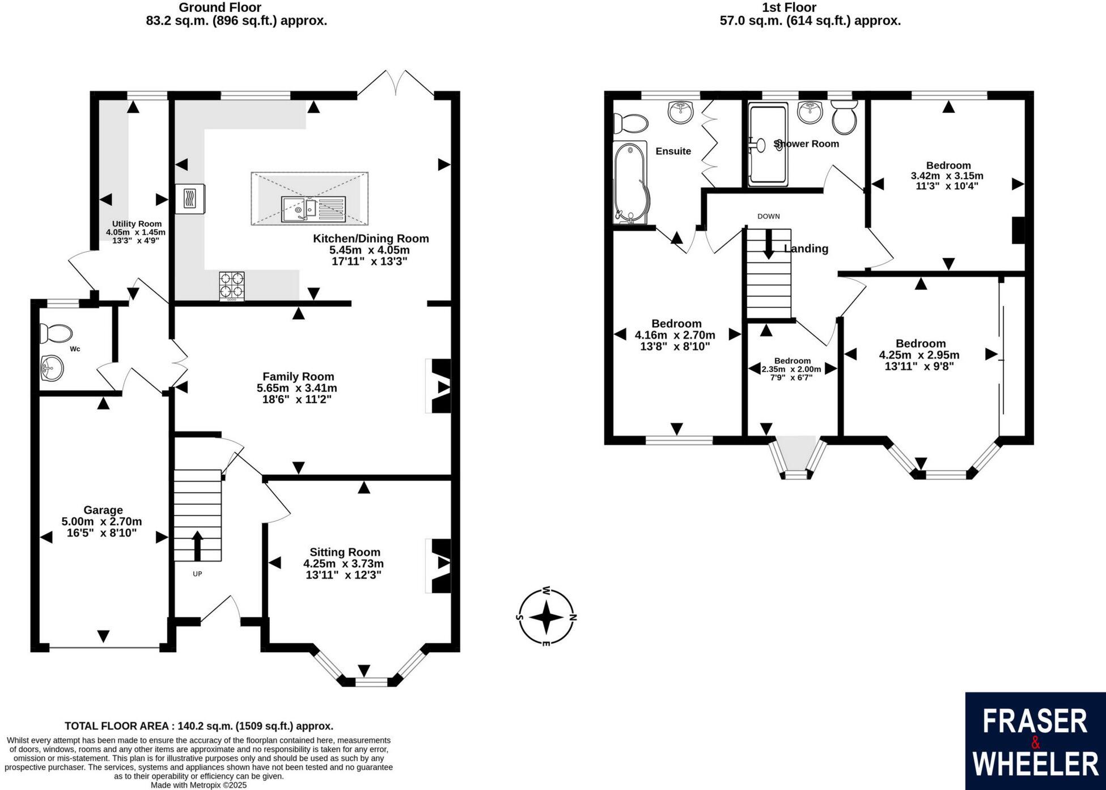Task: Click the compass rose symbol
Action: (x=546, y=617)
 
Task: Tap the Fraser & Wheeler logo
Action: (x=1035, y=741)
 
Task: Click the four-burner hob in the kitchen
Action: (x=232, y=285)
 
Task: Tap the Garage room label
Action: (x=103, y=510)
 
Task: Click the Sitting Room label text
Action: (x=345, y=552)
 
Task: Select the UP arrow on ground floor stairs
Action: (x=197, y=545)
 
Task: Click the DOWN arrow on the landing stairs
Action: (x=769, y=244)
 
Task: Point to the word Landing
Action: (x=806, y=248)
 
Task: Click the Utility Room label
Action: (x=137, y=224)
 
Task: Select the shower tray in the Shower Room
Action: (x=768, y=145)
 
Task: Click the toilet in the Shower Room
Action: (x=844, y=117)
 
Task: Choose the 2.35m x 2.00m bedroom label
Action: (x=791, y=369)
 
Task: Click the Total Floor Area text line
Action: (x=199, y=726)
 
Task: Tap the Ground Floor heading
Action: (x=220, y=7)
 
